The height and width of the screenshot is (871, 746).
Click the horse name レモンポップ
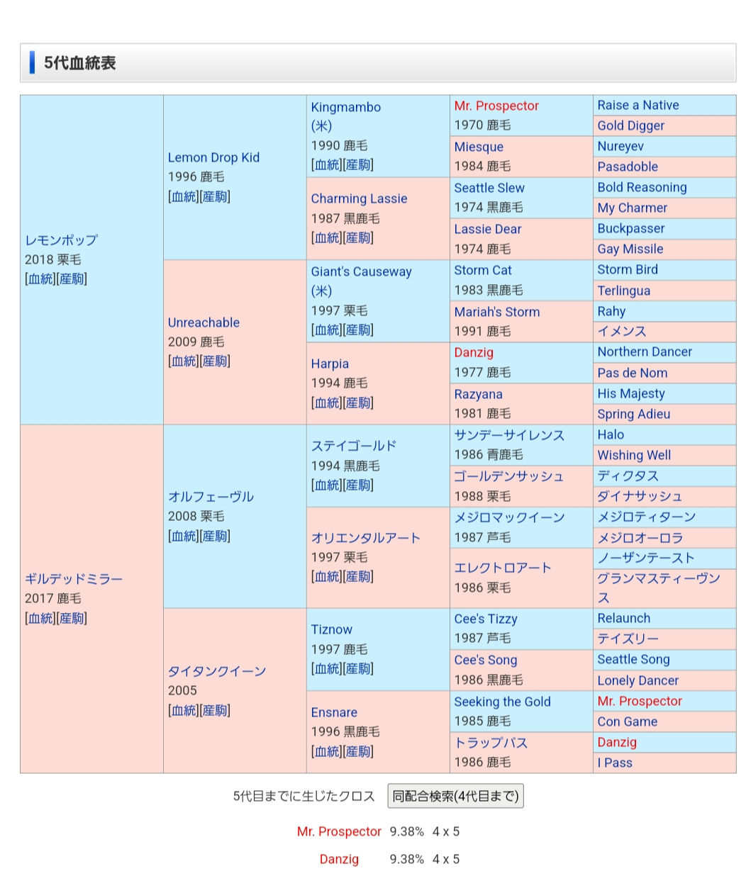tap(61, 240)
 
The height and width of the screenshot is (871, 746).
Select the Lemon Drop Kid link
tap(213, 157)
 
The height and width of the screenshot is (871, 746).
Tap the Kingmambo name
tap(345, 107)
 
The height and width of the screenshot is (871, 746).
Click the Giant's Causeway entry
tap(361, 271)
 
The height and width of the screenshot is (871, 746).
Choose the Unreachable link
tap(204, 322)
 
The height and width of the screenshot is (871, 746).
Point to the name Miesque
tap(479, 147)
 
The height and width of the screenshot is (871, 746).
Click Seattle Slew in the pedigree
tap(489, 188)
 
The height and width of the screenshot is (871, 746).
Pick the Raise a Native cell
tap(638, 105)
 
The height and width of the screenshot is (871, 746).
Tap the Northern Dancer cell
tap(644, 352)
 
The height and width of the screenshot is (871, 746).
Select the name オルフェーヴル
tap(211, 497)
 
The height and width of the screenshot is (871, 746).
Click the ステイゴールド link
tap(353, 446)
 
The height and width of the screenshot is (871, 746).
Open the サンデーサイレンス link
tap(508, 435)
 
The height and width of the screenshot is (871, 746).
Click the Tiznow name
tap(331, 629)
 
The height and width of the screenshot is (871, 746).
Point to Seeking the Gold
tap(502, 702)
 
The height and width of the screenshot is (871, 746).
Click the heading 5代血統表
tap(79, 63)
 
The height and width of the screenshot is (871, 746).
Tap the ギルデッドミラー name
tap(74, 579)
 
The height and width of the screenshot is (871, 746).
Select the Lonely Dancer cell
tap(638, 680)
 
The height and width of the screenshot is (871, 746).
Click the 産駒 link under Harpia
tap(358, 403)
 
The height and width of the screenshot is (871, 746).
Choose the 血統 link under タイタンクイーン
tap(183, 710)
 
